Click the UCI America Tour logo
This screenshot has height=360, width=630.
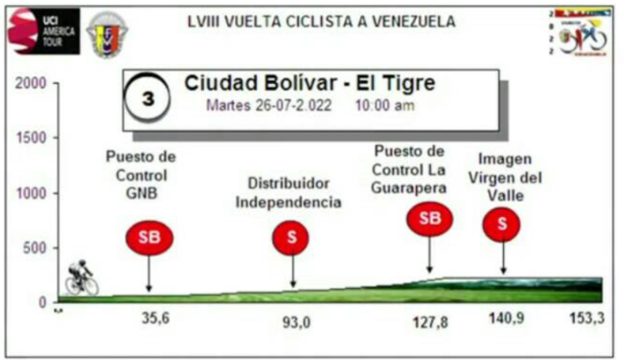[43, 31]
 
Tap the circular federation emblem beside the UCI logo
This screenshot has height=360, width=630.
[107, 34]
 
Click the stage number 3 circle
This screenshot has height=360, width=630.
[148, 99]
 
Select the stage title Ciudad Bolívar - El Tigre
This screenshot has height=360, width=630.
[310, 85]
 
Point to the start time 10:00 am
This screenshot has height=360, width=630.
[385, 107]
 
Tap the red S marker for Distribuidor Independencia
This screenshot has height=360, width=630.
[291, 237]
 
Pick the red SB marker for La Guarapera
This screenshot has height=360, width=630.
[429, 219]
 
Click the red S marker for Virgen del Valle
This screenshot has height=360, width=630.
[502, 223]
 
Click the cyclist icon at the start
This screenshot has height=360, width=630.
[81, 278]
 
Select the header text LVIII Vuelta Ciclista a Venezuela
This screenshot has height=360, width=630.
[321, 22]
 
